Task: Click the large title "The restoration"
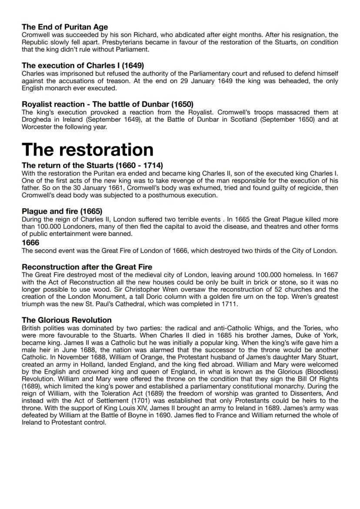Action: (87, 150)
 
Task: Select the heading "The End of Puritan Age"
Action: (65, 27)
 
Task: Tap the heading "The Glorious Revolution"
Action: (67, 320)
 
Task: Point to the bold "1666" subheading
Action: (30, 243)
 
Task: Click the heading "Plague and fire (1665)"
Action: (62, 212)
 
